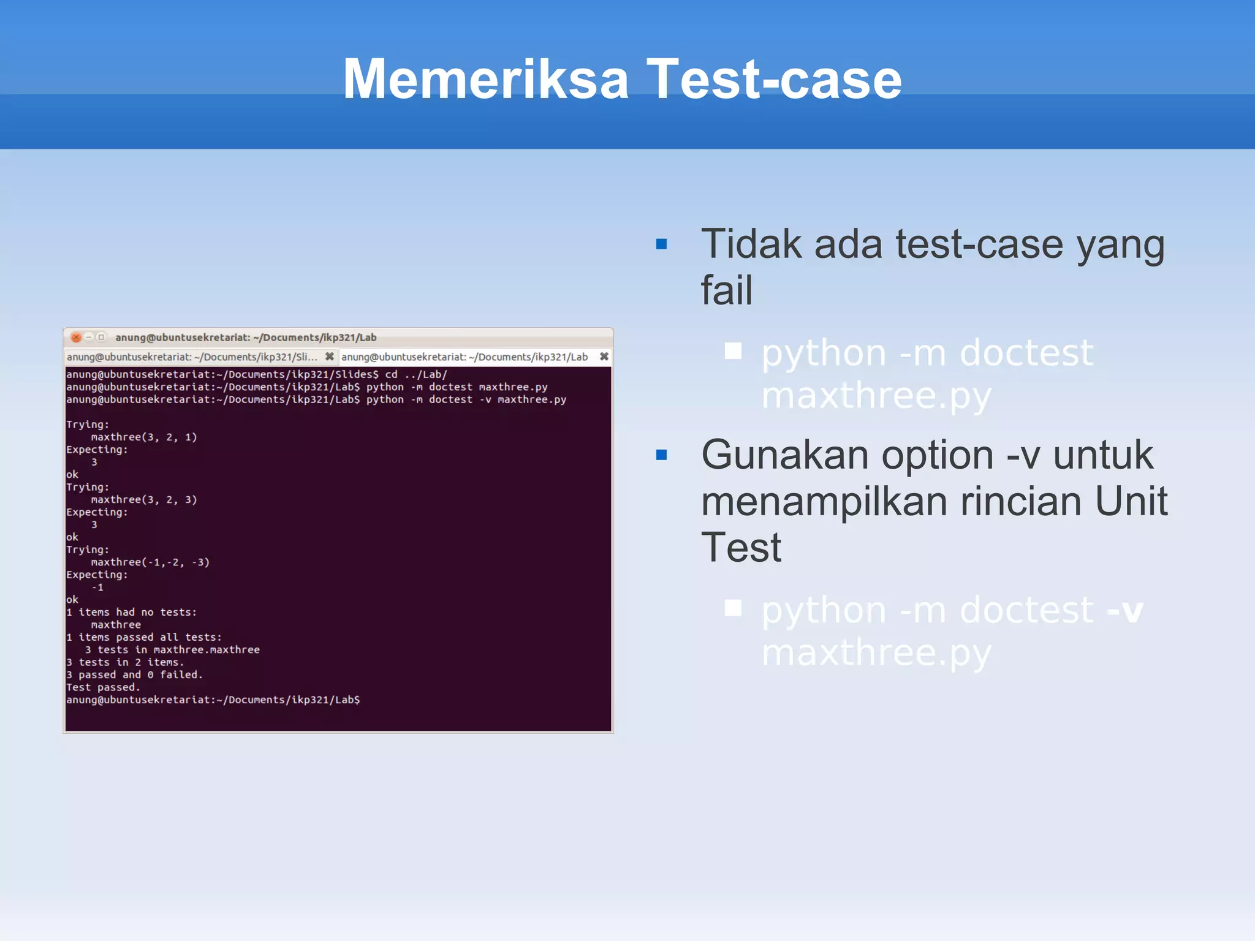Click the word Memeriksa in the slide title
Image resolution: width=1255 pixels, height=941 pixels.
tap(486, 79)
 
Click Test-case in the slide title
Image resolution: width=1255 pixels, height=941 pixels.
tap(774, 79)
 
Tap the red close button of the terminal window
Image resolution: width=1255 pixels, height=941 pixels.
tap(76, 337)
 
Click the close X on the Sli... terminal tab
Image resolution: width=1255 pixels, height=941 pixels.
tap(329, 357)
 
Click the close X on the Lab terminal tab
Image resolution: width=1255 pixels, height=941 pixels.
tap(604, 357)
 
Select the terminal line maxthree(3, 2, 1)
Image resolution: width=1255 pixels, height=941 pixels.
tap(144, 437)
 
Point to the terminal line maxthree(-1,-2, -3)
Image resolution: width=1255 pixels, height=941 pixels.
tap(150, 562)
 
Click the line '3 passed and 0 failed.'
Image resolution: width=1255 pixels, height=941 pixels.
tap(134, 675)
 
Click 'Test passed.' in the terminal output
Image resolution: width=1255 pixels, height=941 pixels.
tap(103, 687)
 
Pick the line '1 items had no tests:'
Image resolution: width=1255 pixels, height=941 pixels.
tap(131, 612)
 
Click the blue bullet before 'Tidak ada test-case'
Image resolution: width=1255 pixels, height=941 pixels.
tap(661, 244)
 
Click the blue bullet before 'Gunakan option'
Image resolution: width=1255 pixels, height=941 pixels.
tap(661, 455)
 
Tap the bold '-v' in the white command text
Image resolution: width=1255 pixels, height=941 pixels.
tap(1125, 610)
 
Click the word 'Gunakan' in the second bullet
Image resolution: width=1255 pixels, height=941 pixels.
tap(785, 455)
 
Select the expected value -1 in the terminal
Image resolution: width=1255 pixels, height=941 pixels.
tap(97, 587)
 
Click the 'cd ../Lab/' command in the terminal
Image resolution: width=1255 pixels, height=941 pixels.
tap(416, 374)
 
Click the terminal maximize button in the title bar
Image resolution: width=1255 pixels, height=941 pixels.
tap(102, 337)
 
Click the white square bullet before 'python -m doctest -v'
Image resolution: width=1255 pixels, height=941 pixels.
tap(733, 608)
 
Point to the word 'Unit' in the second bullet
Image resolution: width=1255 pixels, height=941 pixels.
tap(1131, 501)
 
